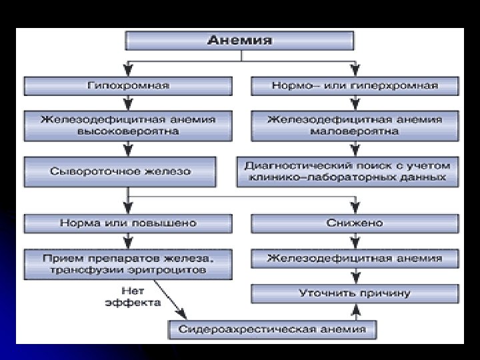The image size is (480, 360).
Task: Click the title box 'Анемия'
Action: pyautogui.click(x=240, y=40)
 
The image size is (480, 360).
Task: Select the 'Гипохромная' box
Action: pyautogui.click(x=128, y=85)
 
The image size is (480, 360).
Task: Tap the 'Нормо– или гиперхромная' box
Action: pyautogui.click(x=355, y=85)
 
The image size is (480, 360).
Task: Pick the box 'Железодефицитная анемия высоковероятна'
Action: pyautogui.click(x=128, y=125)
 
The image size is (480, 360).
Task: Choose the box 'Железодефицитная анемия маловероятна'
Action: pyautogui.click(x=355, y=125)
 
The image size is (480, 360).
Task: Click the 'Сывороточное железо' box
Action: pyautogui.click(x=120, y=171)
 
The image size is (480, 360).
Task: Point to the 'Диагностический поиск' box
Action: pyautogui.click(x=347, y=172)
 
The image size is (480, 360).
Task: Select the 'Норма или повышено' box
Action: pyautogui.click(x=128, y=222)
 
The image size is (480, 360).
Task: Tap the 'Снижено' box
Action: pyautogui.click(x=355, y=222)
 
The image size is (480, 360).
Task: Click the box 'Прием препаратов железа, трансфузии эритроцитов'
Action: pyautogui.click(x=128, y=263)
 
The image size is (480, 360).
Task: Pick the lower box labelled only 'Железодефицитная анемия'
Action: pyautogui.click(x=355, y=257)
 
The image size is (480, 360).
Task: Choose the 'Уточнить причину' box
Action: pyautogui.click(x=355, y=293)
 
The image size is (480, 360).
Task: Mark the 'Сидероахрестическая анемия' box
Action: pyautogui.click(x=271, y=329)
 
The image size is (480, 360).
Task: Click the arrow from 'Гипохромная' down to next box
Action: pyautogui.click(x=128, y=103)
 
